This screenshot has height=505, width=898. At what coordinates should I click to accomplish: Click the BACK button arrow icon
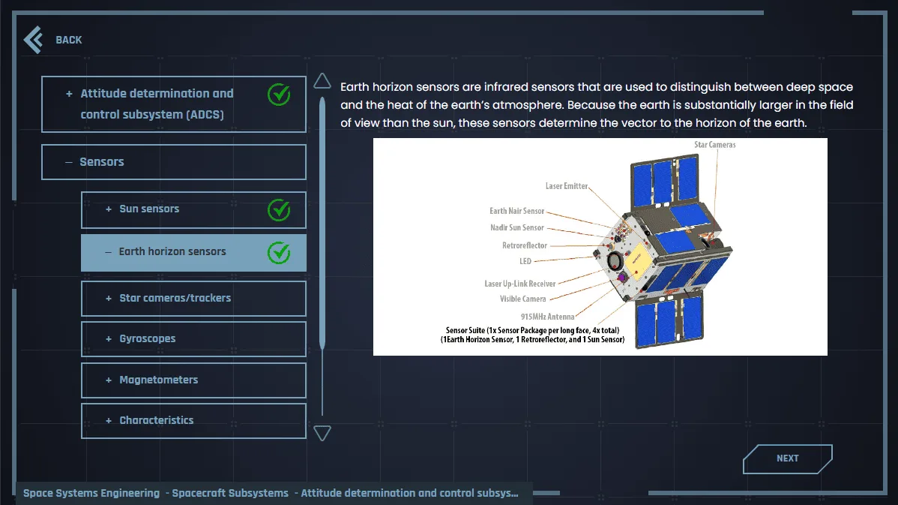[33, 40]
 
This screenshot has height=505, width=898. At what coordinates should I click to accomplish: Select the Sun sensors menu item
[193, 210]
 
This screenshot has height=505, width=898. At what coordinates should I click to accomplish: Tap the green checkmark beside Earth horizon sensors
[279, 253]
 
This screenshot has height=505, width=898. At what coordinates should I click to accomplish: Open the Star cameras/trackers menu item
[193, 298]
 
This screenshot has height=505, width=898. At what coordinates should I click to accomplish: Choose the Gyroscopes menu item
[193, 338]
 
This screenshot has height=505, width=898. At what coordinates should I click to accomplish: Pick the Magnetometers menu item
[193, 380]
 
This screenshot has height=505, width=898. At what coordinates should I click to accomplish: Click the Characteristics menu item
[193, 421]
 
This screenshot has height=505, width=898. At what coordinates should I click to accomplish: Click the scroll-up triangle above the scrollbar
[322, 81]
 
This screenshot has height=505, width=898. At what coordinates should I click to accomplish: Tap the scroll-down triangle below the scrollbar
[322, 434]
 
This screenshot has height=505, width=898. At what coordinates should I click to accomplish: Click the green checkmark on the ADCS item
[279, 95]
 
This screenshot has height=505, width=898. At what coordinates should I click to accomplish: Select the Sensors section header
[174, 161]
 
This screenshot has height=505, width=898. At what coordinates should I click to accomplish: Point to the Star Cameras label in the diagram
[715, 145]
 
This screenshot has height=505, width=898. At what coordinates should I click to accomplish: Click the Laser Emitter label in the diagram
[567, 186]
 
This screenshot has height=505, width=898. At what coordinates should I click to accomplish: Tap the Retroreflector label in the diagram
[525, 245]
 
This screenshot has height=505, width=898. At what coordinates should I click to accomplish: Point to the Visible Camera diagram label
[523, 299]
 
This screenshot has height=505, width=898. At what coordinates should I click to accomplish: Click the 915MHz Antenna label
[547, 317]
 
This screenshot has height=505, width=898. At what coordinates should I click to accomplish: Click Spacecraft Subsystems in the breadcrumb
[230, 493]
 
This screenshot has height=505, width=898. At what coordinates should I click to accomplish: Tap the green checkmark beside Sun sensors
[279, 210]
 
